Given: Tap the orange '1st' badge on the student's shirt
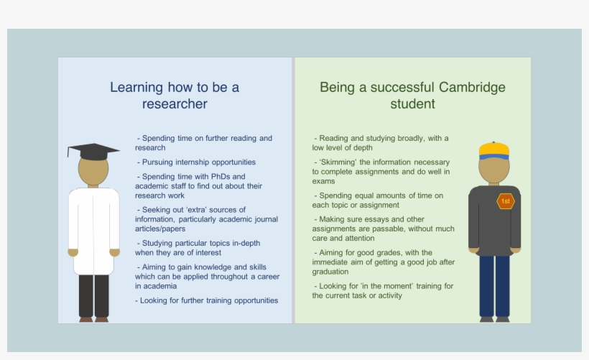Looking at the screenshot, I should pyautogui.click(x=506, y=201).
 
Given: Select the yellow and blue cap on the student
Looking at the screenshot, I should pyautogui.click(x=494, y=150).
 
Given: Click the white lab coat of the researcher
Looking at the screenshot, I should pyautogui.click(x=93, y=230).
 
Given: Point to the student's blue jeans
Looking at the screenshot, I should pyautogui.click(x=494, y=285).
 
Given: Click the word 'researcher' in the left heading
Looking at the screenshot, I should pyautogui.click(x=175, y=105).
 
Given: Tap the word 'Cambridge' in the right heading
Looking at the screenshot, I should pyautogui.click(x=472, y=88).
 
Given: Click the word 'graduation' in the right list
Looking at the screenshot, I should pyautogui.click(x=331, y=272).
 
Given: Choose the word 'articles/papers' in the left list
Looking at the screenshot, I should pyautogui.click(x=160, y=229).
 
